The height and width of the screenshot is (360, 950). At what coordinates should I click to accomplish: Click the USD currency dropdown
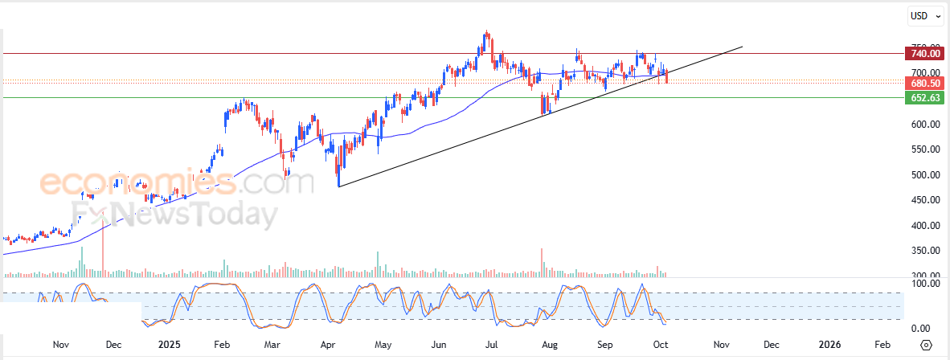click(x=924, y=15)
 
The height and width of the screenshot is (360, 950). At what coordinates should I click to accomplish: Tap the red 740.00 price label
click(x=922, y=54)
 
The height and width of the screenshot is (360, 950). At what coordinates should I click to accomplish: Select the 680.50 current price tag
click(x=922, y=83)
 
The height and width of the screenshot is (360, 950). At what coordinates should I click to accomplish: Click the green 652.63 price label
click(x=922, y=98)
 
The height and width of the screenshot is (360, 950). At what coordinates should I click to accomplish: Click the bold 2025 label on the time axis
click(x=170, y=345)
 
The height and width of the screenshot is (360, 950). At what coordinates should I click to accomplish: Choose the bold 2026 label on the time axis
click(x=829, y=345)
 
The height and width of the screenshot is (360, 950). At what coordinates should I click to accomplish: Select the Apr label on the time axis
click(x=327, y=345)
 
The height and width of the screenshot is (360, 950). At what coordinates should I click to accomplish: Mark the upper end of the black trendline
click(x=742, y=47)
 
